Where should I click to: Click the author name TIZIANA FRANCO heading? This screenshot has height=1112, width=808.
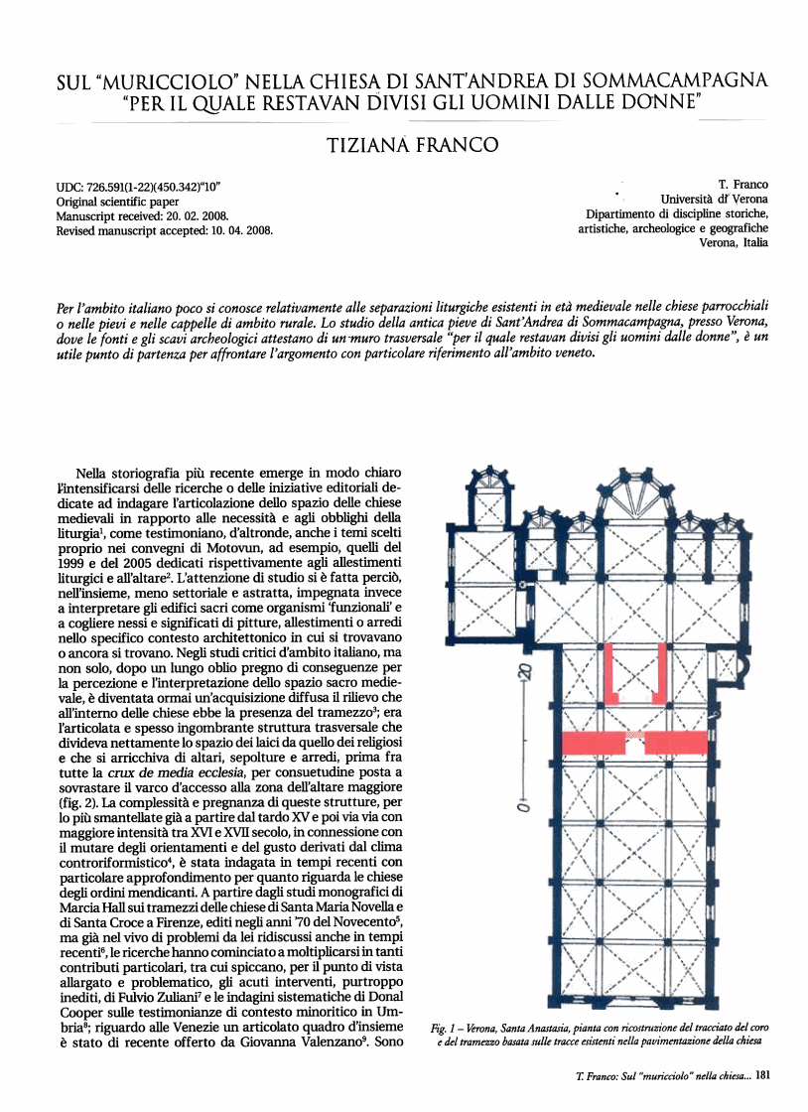[x=412, y=146]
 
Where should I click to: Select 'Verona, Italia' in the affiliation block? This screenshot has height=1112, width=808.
[x=734, y=243]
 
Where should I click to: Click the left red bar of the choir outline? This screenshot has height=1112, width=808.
[x=615, y=671]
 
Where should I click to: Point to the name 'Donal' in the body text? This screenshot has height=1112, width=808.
[x=381, y=995]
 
